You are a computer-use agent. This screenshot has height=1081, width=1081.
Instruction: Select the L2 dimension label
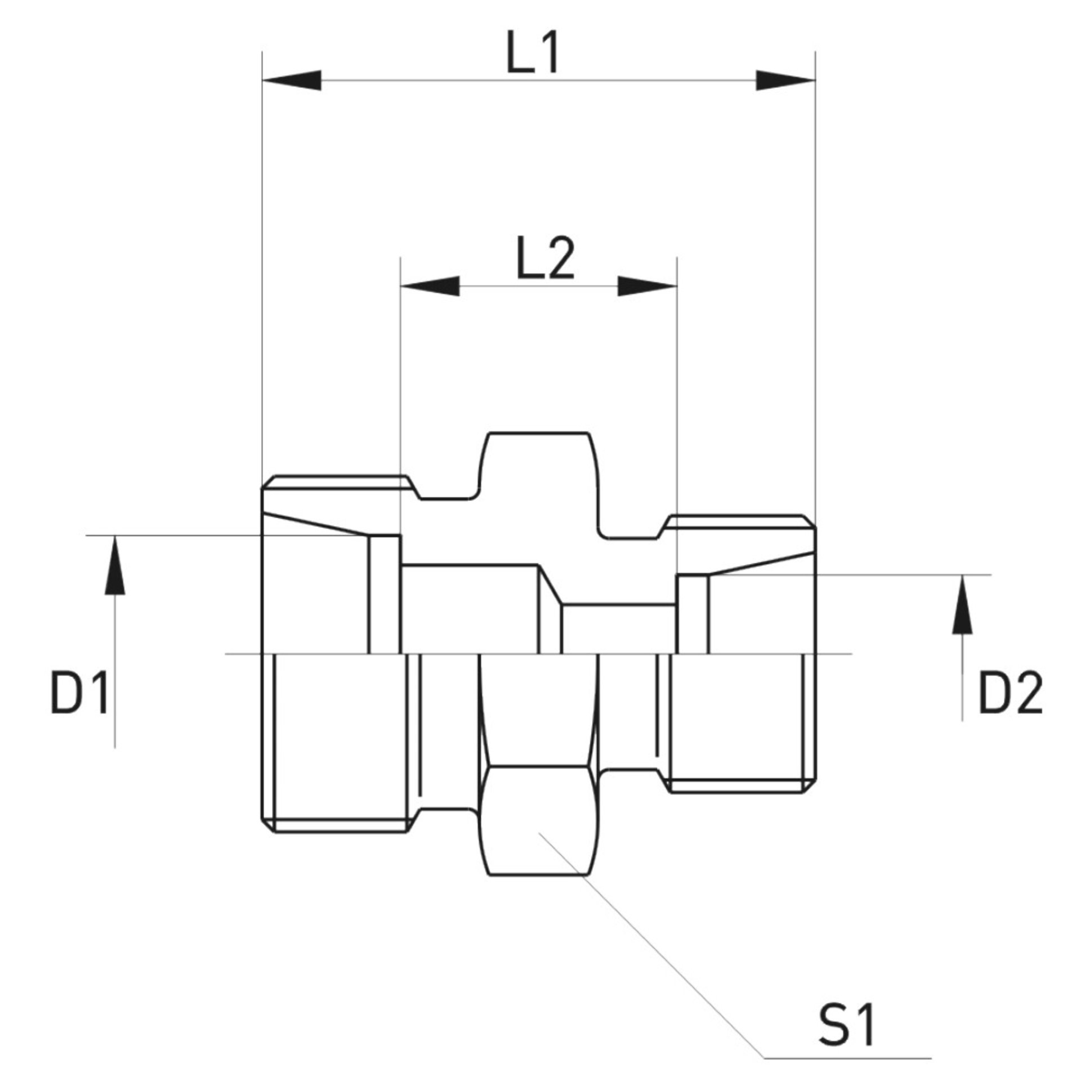pyautogui.click(x=545, y=260)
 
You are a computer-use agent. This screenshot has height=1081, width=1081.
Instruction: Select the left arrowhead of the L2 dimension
pyautogui.click(x=429, y=286)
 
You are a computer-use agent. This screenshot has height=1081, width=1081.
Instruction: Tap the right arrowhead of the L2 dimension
pyautogui.click(x=647, y=286)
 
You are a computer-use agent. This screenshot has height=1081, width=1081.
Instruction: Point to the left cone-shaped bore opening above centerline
pyautogui.click(x=315, y=586)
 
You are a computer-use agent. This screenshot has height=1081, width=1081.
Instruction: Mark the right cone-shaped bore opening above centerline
pyautogui.click(x=760, y=608)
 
